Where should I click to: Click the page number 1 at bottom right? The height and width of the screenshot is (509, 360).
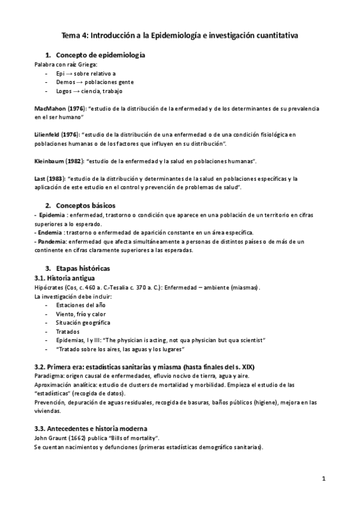point(323,478)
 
